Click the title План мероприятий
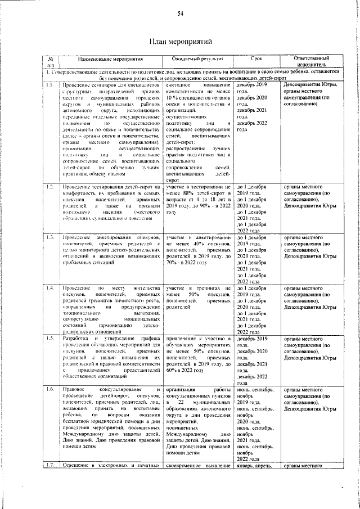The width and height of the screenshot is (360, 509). pos(180,42)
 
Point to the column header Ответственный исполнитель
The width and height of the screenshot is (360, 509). pos(312,61)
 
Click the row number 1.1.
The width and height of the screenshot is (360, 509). pos(51,85)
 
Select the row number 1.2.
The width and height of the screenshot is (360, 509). pos(51,186)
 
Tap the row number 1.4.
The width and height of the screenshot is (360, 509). pos(51,289)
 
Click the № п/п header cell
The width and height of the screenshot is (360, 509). pos(51,61)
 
